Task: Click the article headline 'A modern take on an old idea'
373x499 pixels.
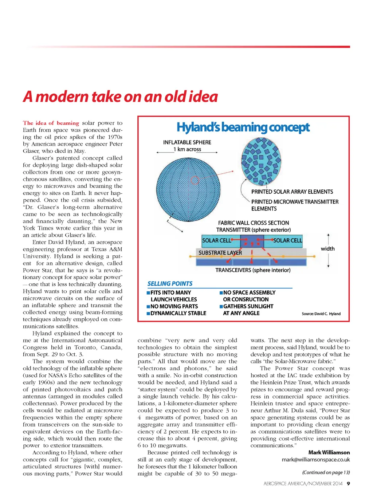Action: [120, 97]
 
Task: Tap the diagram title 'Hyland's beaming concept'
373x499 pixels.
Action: [243, 127]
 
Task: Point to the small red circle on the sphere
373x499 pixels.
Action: [195, 180]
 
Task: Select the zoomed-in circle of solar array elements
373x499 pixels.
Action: [261, 160]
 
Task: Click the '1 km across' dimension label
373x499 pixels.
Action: [187, 149]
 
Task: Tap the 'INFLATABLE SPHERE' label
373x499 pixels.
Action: [187, 142]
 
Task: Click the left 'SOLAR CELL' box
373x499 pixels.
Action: [216, 241]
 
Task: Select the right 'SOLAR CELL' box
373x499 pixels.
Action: [287, 241]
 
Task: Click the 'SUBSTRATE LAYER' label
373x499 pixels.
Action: [220, 253]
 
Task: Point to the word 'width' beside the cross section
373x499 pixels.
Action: [327, 249]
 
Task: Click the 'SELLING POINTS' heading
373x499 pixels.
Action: [170, 284]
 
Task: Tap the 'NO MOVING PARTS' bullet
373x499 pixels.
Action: [174, 306]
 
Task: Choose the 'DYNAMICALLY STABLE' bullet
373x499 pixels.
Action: [178, 313]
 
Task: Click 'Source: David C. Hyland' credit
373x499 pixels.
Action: [321, 314]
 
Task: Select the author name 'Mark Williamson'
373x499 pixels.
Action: [329, 452]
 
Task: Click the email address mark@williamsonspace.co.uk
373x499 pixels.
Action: [315, 460]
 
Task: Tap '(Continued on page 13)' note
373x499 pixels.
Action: [326, 472]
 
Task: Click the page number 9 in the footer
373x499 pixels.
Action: [348, 484]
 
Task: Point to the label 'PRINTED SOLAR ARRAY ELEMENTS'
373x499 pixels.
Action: [292, 192]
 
